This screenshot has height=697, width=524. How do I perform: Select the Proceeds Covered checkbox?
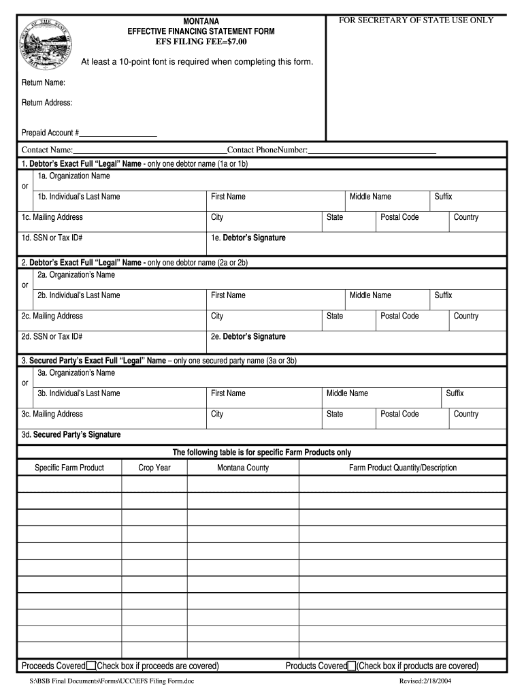click(91, 666)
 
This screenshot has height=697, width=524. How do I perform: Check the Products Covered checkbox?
click(352, 666)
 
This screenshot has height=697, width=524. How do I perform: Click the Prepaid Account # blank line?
click(118, 133)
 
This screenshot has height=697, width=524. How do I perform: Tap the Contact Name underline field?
click(150, 150)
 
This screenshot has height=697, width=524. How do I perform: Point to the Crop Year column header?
click(154, 468)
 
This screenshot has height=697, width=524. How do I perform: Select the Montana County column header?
click(243, 468)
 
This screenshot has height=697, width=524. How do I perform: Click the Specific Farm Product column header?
click(69, 468)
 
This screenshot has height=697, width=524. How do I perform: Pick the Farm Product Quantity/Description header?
click(403, 468)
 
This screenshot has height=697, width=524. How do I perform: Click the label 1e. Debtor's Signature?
click(248, 238)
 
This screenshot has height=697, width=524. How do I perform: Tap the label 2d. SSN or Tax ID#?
click(52, 336)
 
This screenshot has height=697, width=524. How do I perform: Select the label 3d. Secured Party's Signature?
click(71, 434)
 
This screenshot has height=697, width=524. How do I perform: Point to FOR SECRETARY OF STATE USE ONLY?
click(416, 20)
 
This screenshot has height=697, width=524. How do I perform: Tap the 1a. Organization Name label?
click(73, 176)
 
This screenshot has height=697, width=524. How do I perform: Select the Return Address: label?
click(47, 103)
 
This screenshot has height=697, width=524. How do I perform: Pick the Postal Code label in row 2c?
click(399, 316)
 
